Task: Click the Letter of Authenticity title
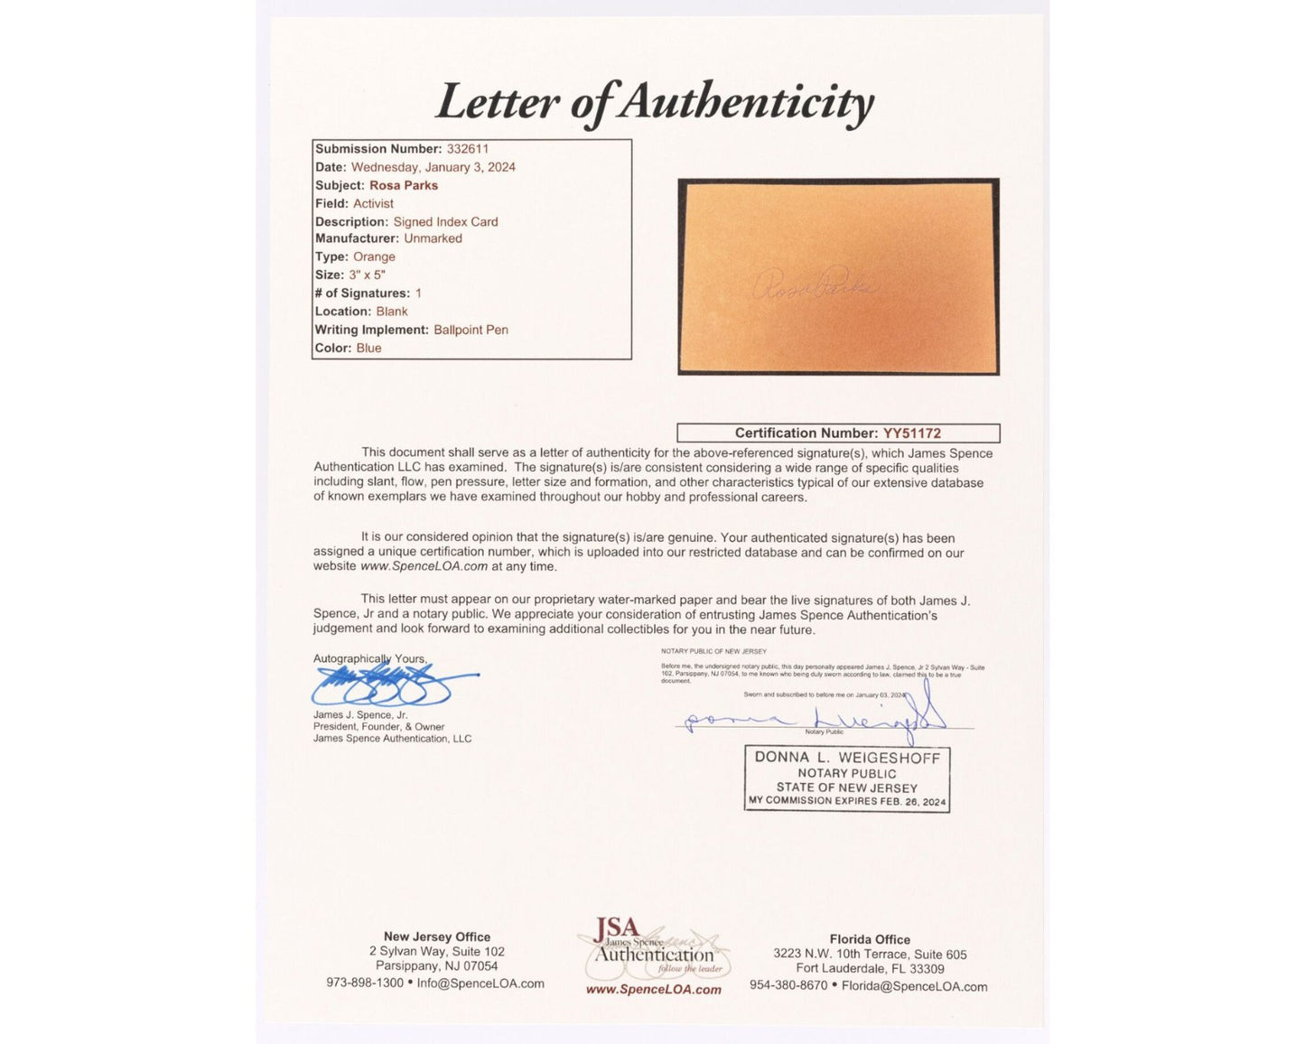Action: [654, 102]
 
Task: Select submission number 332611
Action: [467, 149]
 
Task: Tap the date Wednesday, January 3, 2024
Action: [433, 167]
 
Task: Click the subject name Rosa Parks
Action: [403, 185]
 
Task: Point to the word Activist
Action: [373, 203]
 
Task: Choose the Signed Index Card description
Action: [445, 221]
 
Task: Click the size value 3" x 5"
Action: [367, 275]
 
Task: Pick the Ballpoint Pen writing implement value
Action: [471, 330]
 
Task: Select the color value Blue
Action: [368, 348]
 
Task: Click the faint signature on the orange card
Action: [813, 285]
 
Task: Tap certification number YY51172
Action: [911, 433]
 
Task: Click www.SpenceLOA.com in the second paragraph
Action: [424, 566]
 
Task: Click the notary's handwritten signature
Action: [813, 718]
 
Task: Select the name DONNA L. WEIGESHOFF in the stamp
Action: [847, 758]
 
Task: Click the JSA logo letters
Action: [617, 928]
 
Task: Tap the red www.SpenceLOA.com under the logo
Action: [653, 990]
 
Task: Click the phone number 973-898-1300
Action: [365, 983]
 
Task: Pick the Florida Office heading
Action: [869, 939]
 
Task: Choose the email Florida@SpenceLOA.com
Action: [914, 986]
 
